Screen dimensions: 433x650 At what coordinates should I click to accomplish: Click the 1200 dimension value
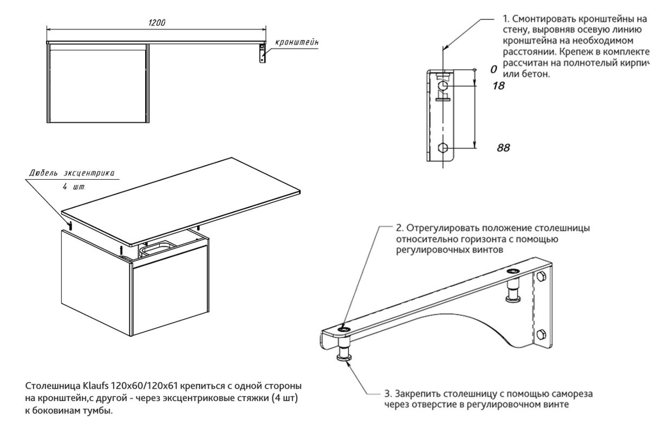(157, 23)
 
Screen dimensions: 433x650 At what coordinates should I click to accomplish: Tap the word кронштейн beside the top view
(297, 42)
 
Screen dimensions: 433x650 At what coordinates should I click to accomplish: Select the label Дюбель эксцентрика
(72, 173)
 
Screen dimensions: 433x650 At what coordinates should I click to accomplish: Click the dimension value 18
(498, 86)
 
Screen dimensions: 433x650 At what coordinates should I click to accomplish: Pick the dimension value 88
(503, 148)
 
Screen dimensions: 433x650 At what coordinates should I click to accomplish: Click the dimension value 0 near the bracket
(493, 70)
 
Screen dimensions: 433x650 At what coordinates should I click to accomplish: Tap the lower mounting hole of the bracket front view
(443, 148)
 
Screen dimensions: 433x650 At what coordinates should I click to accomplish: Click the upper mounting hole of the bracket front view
(443, 86)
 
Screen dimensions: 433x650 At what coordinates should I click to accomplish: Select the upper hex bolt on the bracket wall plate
(541, 276)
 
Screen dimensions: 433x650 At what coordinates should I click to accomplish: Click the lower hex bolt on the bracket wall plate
(541, 335)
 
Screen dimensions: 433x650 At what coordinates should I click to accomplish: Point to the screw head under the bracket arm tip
(344, 358)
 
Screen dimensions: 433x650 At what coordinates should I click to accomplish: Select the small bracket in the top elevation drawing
(262, 54)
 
